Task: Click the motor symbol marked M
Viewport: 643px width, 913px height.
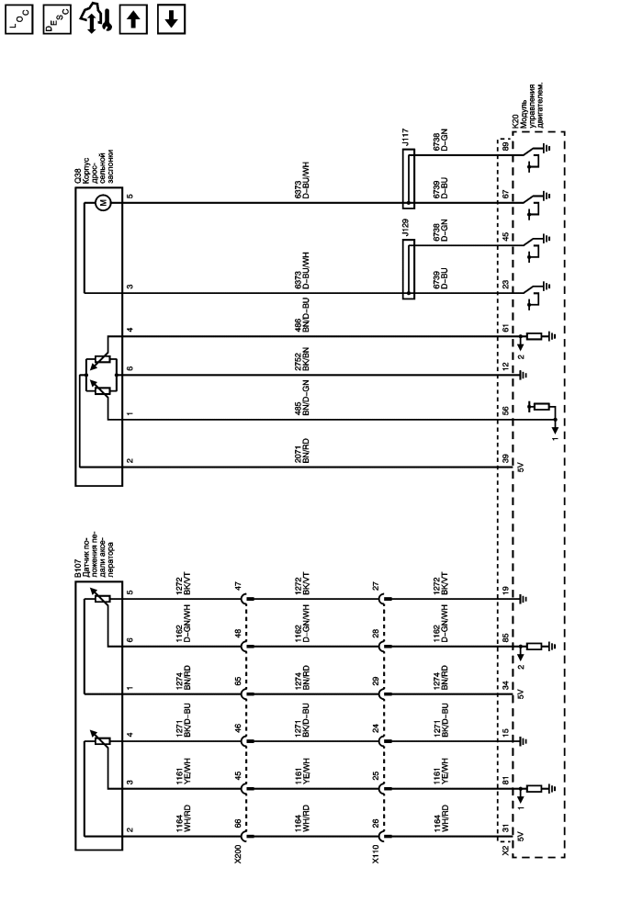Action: (x=104, y=203)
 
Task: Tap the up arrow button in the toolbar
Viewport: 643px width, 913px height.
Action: (x=133, y=20)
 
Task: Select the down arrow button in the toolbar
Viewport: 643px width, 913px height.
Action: (x=171, y=20)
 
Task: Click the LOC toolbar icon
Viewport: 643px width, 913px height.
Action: (x=19, y=20)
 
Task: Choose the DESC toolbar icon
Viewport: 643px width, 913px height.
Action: (x=57, y=20)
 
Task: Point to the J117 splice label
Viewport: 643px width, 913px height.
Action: (x=406, y=138)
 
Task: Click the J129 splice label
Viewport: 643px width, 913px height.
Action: (x=406, y=228)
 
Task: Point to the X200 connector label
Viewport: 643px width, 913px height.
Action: (x=238, y=853)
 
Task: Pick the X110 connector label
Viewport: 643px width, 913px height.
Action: (x=376, y=853)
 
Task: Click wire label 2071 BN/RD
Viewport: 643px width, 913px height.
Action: (x=301, y=451)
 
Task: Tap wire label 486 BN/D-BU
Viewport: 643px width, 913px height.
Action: (x=301, y=315)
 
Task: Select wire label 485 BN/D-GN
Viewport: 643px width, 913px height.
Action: (x=301, y=397)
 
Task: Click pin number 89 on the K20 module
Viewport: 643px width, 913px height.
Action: (x=505, y=145)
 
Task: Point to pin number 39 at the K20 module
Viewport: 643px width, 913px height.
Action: (x=505, y=459)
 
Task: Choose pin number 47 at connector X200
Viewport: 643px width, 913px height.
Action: (x=238, y=586)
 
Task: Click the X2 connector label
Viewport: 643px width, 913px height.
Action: (x=505, y=851)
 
